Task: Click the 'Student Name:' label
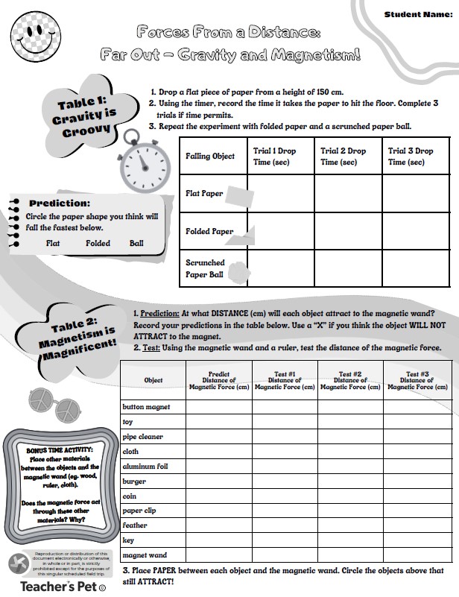coord(418,15)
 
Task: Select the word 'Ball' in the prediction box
coord(136,243)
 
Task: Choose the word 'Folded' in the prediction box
coord(98,243)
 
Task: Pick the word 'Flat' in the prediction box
coord(53,243)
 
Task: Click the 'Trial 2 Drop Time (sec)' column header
coord(347,156)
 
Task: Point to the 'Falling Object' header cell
coord(210,157)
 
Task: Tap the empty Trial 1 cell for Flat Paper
coord(280,194)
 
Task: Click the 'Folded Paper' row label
coord(209,232)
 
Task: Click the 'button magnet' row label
coord(146,407)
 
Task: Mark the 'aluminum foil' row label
coord(147,466)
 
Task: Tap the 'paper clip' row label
coord(142,511)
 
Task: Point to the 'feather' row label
coord(136,525)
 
